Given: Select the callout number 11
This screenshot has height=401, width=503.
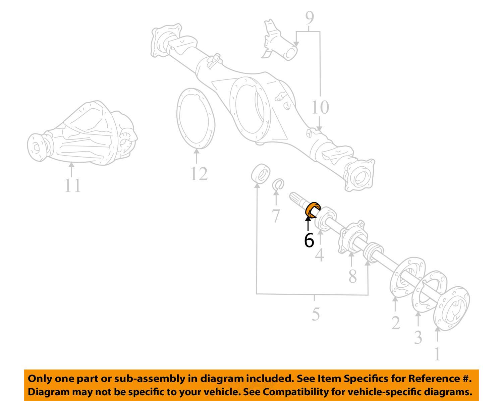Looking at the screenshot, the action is [x=72, y=185].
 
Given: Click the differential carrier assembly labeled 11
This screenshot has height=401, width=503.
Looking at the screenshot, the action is [x=82, y=132].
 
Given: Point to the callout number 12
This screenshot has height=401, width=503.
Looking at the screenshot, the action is [x=199, y=174].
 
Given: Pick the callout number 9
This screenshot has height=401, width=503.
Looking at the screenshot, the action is [x=310, y=17].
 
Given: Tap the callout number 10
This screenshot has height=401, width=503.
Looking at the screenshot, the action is [x=320, y=107].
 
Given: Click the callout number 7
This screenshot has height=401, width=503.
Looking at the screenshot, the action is [x=276, y=216].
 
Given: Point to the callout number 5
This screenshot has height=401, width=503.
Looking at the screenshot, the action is [x=316, y=314].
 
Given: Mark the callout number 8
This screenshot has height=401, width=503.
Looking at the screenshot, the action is [x=353, y=277].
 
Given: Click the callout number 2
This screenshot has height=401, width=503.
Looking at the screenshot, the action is [x=396, y=323].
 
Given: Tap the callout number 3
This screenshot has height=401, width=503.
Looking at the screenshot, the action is [x=418, y=337].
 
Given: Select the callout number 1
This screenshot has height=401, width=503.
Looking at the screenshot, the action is [x=437, y=354].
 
